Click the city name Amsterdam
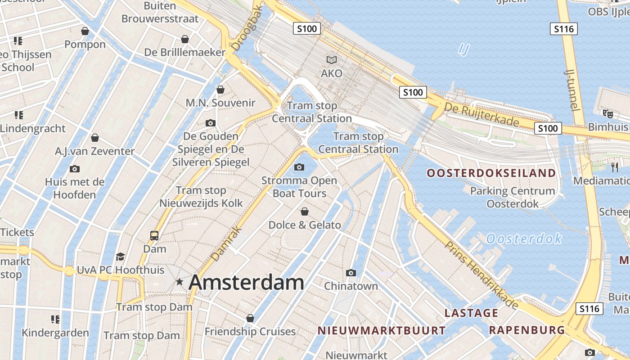(x=246, y=283)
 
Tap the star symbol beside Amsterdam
(x=180, y=282)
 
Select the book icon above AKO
(x=332, y=60)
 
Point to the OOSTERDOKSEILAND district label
(x=491, y=173)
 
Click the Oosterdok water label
(x=524, y=238)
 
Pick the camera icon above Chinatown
(x=351, y=273)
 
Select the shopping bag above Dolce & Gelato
(x=305, y=211)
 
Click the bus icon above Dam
(x=154, y=235)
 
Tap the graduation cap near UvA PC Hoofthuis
(x=120, y=256)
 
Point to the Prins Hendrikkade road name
(x=481, y=275)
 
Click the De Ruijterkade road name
(x=481, y=114)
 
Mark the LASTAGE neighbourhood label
(x=471, y=313)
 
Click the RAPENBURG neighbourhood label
(x=526, y=330)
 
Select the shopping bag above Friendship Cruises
(x=250, y=318)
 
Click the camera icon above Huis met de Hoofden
(x=75, y=169)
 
